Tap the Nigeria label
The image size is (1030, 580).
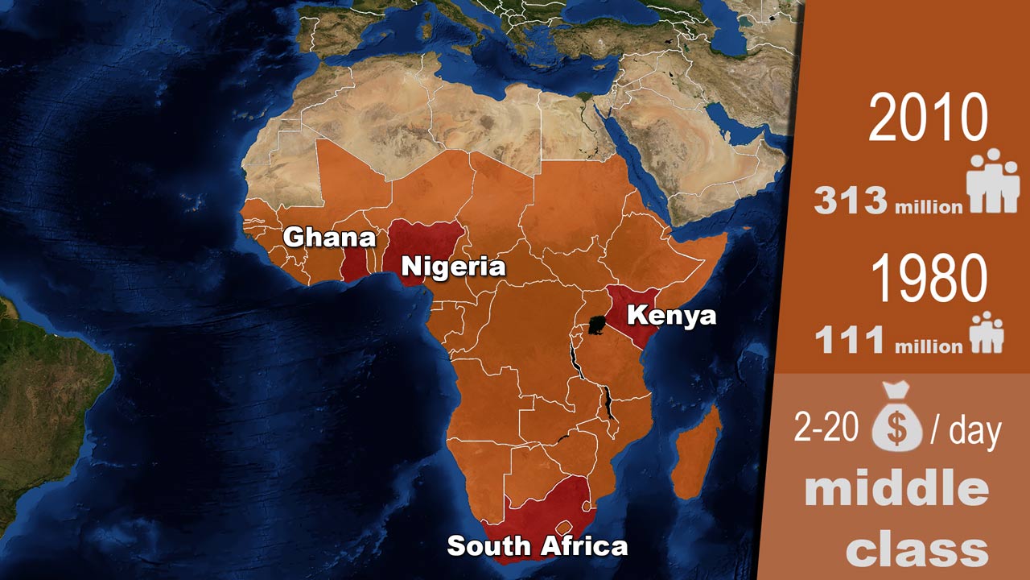click(x=453, y=266)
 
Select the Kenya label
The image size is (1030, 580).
click(x=671, y=314)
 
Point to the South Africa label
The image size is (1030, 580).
click(x=537, y=546)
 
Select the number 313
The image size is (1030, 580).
click(x=851, y=201)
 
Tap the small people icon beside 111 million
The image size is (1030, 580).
click(x=987, y=333)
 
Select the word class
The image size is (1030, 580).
click(x=917, y=550)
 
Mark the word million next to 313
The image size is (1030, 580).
click(x=929, y=207)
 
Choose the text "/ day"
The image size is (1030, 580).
click(x=966, y=431)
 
